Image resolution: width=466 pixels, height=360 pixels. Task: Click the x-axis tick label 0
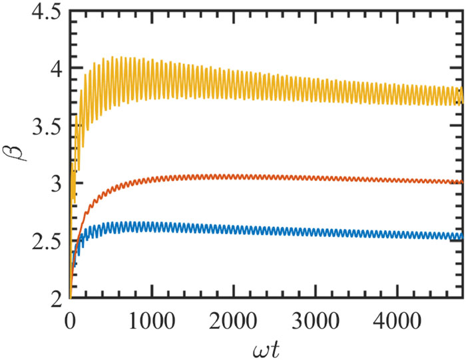coord(71,316)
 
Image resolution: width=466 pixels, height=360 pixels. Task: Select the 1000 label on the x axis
coord(152,316)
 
